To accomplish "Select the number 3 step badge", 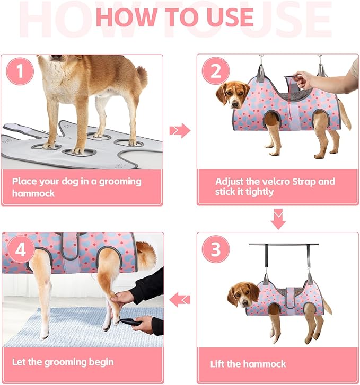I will click(216, 249).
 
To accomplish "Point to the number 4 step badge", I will click(20, 250).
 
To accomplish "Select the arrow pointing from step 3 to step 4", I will click(180, 300).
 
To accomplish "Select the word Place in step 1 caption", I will click(26, 181).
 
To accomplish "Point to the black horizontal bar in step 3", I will click(284, 245).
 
